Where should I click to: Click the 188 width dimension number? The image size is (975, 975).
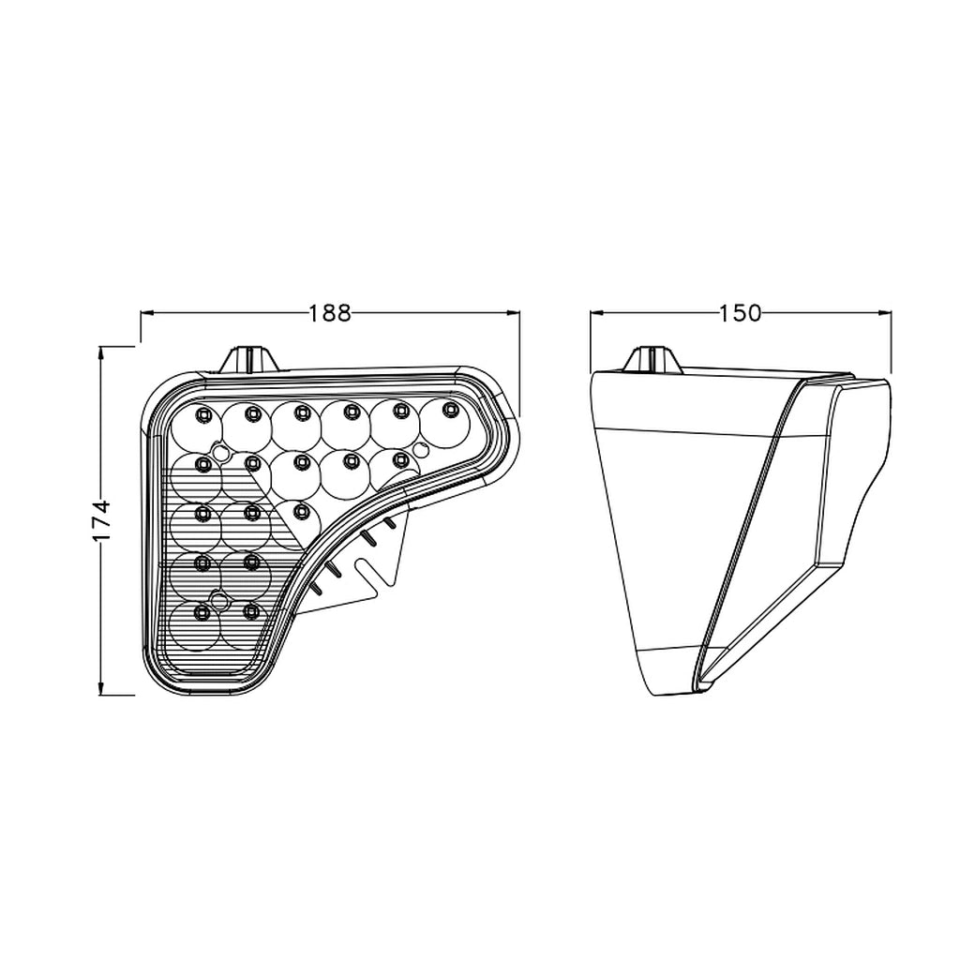pos(330,313)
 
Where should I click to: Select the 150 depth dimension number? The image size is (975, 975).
pos(740,313)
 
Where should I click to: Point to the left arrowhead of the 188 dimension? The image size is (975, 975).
pos(147,313)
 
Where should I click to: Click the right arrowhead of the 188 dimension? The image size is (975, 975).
pos(513,313)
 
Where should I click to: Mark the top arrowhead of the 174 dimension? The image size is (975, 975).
pos(100,353)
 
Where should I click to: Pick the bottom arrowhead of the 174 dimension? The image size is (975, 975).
pos(100,687)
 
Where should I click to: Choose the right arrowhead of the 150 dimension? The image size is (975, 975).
pos(884,313)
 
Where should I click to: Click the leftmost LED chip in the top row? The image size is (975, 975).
pos(202,414)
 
